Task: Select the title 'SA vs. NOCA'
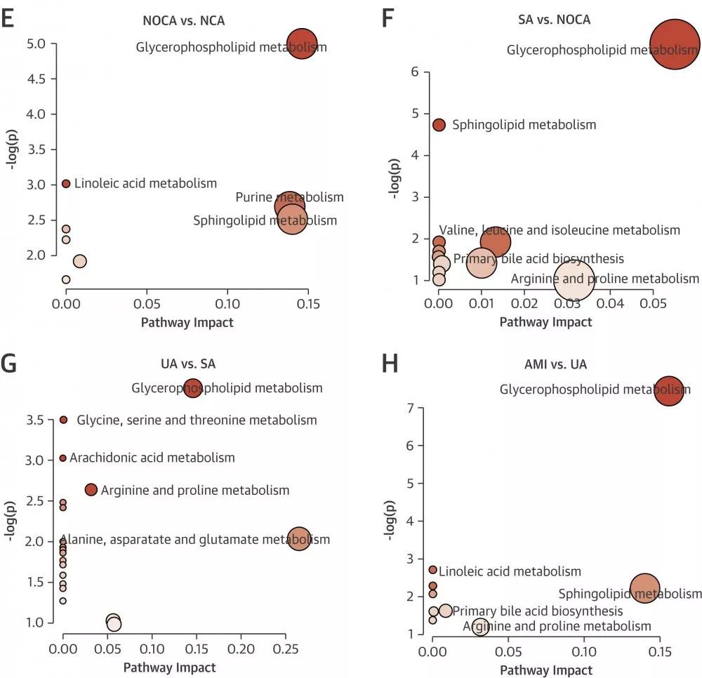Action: tap(549, 20)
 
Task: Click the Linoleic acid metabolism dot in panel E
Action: tap(66, 183)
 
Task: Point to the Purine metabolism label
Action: tap(289, 197)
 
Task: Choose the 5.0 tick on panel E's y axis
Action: tap(36, 44)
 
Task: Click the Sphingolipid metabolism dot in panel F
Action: tap(439, 125)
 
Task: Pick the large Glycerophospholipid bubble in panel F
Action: tap(675, 44)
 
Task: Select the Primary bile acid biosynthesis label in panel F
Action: tap(538, 259)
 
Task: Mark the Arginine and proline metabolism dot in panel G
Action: tap(91, 490)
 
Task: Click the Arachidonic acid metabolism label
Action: tap(152, 458)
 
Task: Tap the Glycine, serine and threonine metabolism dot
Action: tap(63, 420)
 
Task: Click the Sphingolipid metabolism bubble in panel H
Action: tap(645, 589)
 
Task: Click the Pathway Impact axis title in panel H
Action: tap(545, 670)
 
